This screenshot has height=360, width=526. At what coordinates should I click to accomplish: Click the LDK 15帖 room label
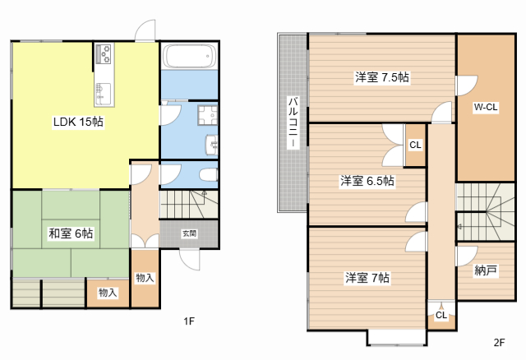click(x=78, y=122)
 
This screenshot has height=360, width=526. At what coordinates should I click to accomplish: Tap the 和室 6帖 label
click(x=70, y=233)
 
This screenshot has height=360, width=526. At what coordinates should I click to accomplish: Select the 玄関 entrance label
click(x=190, y=233)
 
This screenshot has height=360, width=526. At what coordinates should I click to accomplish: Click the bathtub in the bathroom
click(x=189, y=57)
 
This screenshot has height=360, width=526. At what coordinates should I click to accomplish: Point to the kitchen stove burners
click(x=104, y=54)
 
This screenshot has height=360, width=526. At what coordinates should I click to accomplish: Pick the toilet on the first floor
click(x=207, y=174)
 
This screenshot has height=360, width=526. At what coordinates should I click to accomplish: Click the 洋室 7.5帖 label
click(x=382, y=77)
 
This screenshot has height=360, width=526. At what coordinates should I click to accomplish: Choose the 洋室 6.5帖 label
click(x=367, y=181)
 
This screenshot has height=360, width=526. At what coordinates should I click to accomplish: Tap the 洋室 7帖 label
click(x=367, y=278)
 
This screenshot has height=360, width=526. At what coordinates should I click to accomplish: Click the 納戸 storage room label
click(x=486, y=270)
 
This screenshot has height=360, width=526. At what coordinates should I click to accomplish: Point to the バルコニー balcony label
click(x=292, y=122)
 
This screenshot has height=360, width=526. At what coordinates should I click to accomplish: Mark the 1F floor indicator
click(x=188, y=321)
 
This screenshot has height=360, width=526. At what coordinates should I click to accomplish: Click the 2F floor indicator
click(x=499, y=342)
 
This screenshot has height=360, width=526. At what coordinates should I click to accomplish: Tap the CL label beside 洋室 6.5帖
click(x=415, y=145)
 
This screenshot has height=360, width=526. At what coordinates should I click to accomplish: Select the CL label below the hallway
click(x=441, y=314)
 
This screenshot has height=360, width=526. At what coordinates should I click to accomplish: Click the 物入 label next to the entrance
click(x=144, y=278)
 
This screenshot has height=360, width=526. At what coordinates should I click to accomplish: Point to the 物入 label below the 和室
click(x=108, y=293)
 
